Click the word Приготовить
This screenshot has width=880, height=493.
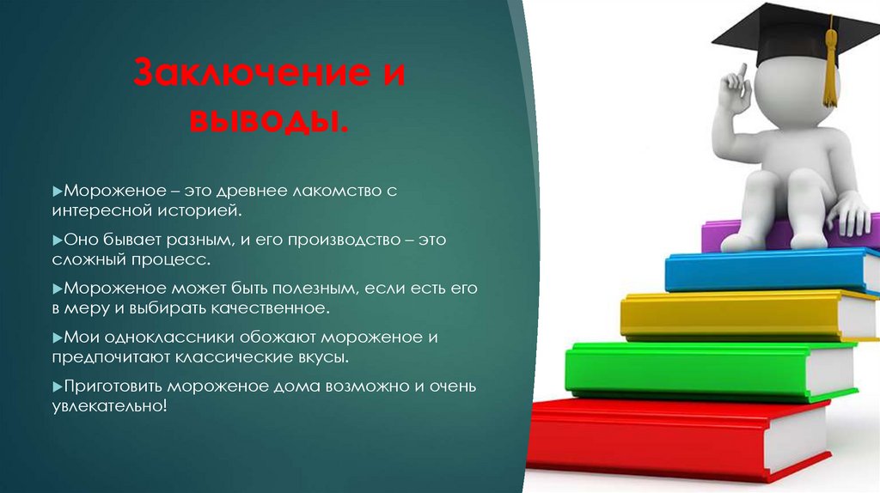pyautogui.click(x=108, y=386)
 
